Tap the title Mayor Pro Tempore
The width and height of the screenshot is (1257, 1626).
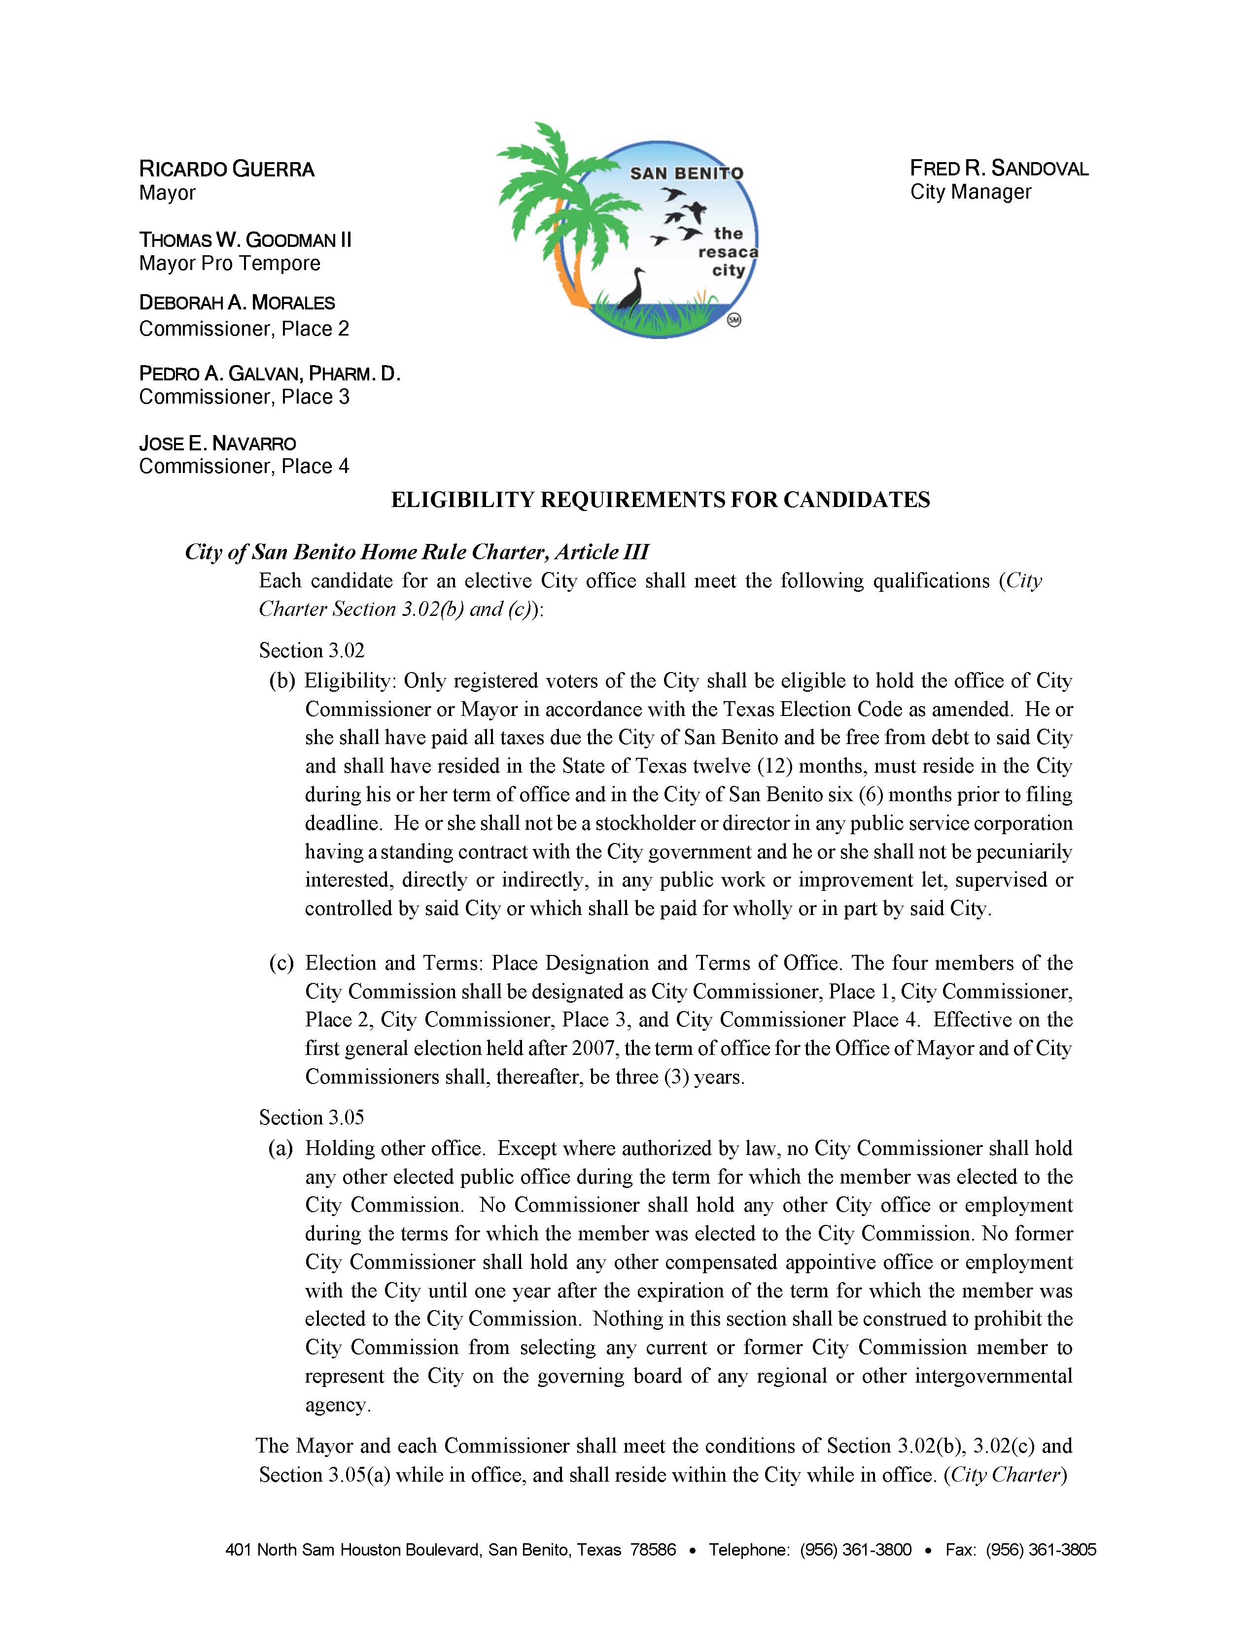[x=229, y=264]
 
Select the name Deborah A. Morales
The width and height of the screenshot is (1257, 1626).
[x=237, y=303]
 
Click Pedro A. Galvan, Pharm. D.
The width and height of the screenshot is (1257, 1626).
[x=270, y=374]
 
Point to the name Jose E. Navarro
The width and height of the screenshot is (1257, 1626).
[x=217, y=444]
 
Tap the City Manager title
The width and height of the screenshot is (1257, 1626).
[x=970, y=192]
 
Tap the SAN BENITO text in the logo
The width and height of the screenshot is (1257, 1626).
[x=687, y=173]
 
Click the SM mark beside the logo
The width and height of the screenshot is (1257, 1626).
[x=733, y=321]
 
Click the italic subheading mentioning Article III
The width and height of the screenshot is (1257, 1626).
[x=417, y=552]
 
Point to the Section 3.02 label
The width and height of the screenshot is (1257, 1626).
[x=312, y=651]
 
